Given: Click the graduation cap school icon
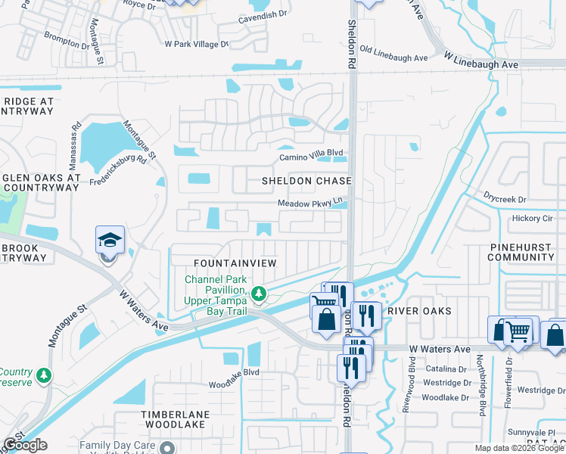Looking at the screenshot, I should pyautogui.click(x=110, y=241).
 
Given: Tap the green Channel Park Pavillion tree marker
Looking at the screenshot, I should pyautogui.click(x=259, y=293).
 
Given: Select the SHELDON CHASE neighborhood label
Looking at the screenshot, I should pyautogui.click(x=306, y=181).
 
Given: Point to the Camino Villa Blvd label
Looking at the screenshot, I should pyautogui.click(x=310, y=153).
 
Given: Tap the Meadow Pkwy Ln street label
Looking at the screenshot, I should pyautogui.click(x=310, y=203).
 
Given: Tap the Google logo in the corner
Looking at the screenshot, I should pyautogui.click(x=25, y=445).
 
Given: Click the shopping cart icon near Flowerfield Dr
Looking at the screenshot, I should pyautogui.click(x=518, y=331).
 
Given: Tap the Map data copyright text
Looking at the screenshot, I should pyautogui.click(x=518, y=448).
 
